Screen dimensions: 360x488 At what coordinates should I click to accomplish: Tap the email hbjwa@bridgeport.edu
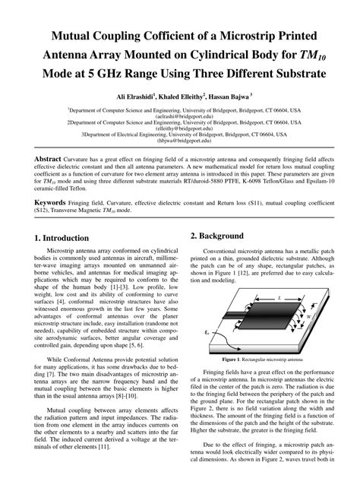click(x=180, y=141)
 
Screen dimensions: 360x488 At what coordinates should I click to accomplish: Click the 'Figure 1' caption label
click(x=229, y=357)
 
